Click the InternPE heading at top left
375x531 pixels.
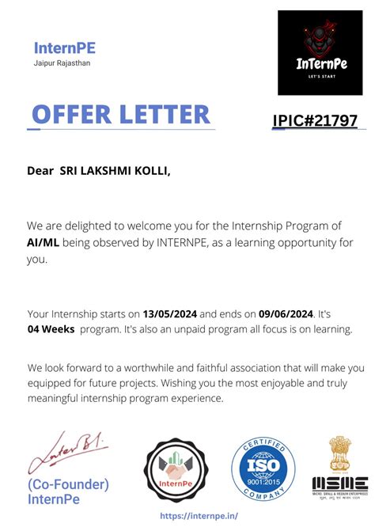tap(64, 48)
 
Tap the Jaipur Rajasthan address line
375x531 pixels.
tap(62, 63)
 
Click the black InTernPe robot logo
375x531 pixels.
tap(319, 53)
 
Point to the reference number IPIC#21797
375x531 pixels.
tap(315, 121)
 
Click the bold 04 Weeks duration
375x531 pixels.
tap(51, 329)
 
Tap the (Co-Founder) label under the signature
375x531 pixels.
tap(68, 484)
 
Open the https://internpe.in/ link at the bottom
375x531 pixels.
tap(199, 515)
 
